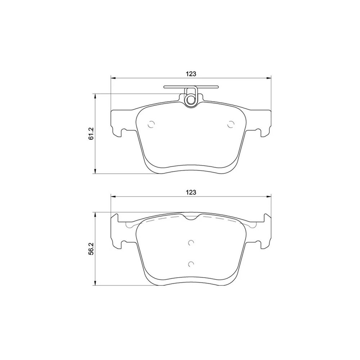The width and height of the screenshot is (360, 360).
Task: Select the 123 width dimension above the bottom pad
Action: pyautogui.click(x=190, y=192)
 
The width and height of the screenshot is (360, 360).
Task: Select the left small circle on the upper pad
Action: pyautogui.click(x=151, y=125)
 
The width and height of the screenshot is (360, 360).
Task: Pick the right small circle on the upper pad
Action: pyautogui.click(x=231, y=125)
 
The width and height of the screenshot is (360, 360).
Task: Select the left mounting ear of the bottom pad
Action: pyautogui.click(x=117, y=232)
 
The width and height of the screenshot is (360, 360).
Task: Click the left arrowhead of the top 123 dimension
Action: pyautogui.click(x=113, y=77)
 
